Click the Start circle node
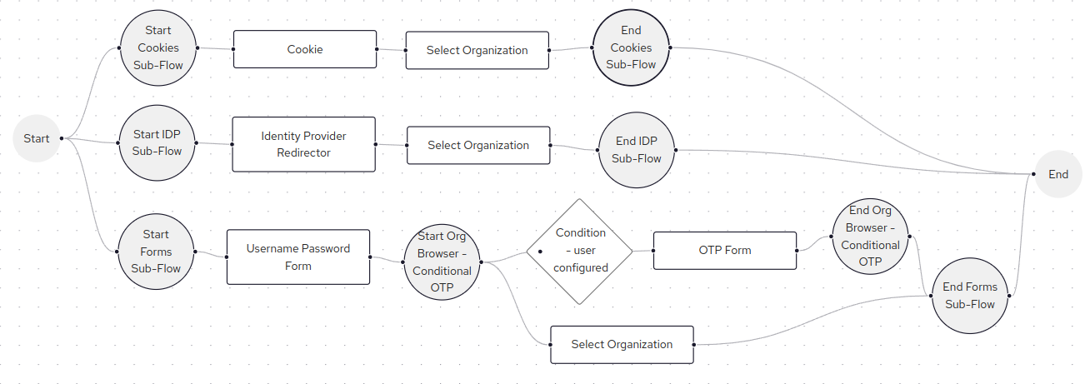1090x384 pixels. click(37, 138)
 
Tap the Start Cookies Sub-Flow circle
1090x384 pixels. click(157, 48)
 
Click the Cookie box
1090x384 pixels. click(304, 49)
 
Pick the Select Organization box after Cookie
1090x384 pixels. click(477, 50)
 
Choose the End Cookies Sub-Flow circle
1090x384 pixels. click(631, 48)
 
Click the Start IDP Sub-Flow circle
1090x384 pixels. click(157, 142)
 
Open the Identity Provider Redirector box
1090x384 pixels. click(303, 144)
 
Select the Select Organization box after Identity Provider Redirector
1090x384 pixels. click(477, 145)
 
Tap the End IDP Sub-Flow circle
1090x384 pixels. click(637, 151)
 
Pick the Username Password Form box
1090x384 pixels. click(297, 257)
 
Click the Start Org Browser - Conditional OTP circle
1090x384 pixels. click(442, 262)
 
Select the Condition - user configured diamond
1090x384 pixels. click(580, 251)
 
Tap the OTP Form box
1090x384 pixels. click(724, 250)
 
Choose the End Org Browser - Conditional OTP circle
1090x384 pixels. click(870, 237)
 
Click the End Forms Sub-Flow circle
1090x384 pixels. click(969, 296)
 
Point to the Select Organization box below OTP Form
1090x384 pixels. click(622, 344)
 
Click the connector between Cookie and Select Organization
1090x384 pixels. click(391, 50)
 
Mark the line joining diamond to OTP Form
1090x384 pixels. click(642, 250)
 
